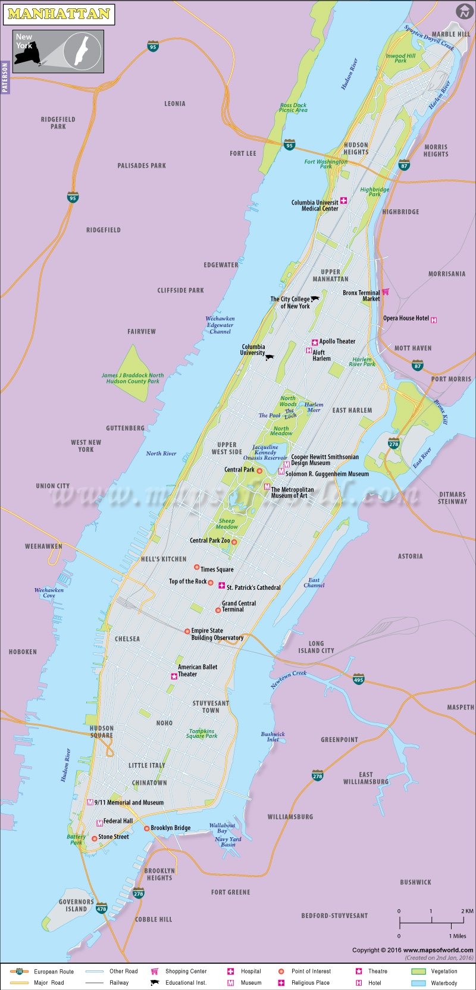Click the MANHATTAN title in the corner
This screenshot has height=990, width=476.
pyautogui.click(x=58, y=14)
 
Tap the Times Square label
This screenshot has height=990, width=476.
pyautogui.click(x=217, y=569)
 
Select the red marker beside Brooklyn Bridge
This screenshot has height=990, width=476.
pyautogui.click(x=146, y=828)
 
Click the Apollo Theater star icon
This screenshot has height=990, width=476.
pyautogui.click(x=315, y=342)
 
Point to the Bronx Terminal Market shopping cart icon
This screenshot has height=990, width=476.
pyautogui.click(x=386, y=292)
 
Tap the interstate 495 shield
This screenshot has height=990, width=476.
pyautogui.click(x=358, y=679)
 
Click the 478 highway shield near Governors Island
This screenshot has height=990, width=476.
pyautogui.click(x=102, y=909)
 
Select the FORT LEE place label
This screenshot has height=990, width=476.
pyautogui.click(x=243, y=153)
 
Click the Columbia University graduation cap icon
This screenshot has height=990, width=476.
pyautogui.click(x=270, y=357)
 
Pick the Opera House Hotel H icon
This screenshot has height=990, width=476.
pyautogui.click(x=434, y=320)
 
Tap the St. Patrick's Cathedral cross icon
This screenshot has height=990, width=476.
pyautogui.click(x=221, y=586)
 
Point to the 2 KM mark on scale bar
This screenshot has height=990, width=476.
pyautogui.click(x=466, y=911)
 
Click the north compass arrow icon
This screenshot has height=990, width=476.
pyautogui.click(x=464, y=11)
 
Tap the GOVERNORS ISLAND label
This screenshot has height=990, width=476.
pyautogui.click(x=76, y=905)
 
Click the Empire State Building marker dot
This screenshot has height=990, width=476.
pyautogui.click(x=187, y=631)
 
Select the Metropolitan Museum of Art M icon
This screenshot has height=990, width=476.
pyautogui.click(x=267, y=487)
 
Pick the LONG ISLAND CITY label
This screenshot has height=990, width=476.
pyautogui.click(x=316, y=647)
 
